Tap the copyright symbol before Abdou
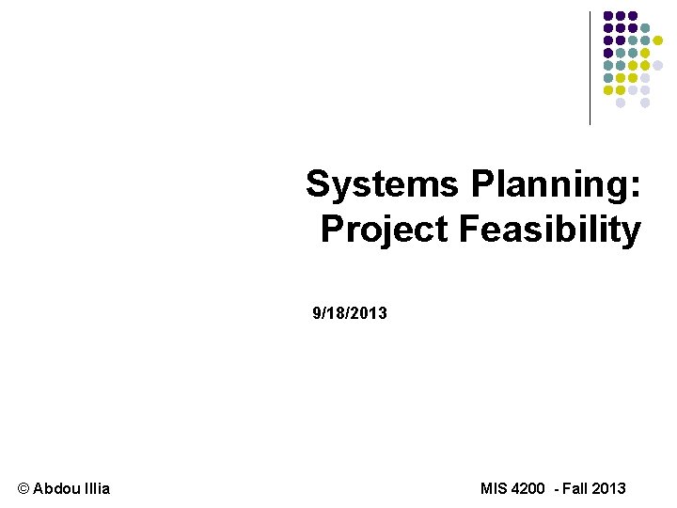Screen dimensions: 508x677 coord(24,488)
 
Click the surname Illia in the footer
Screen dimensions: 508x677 coord(95,488)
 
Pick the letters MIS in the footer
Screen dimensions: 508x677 coord(493,488)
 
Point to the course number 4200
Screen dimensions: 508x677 coord(528,488)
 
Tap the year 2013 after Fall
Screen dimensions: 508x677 coord(609,488)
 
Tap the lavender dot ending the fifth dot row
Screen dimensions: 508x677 coord(657,65)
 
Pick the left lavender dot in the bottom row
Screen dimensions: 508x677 coord(621,103)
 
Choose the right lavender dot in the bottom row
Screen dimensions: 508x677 coord(645,103)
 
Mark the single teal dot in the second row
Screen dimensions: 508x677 coord(645,28)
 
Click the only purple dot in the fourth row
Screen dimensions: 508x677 coord(608,53)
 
